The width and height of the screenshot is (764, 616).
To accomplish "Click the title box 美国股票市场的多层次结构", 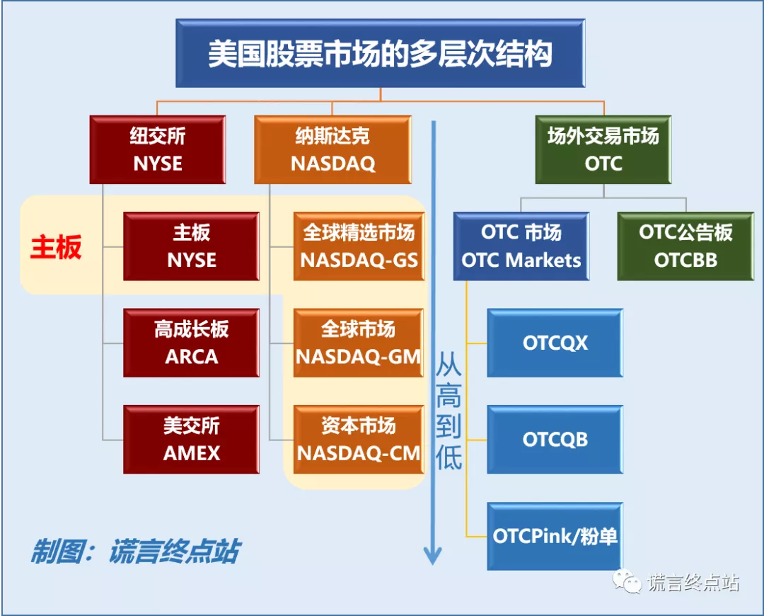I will click(380, 54).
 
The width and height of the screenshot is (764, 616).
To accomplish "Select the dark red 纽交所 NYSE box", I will click(158, 149).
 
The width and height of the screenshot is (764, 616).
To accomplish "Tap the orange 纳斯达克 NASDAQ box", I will click(332, 149).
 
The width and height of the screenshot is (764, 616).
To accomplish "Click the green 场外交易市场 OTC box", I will click(603, 149).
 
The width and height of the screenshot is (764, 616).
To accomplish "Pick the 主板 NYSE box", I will click(191, 246).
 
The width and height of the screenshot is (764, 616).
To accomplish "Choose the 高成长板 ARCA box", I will click(191, 343).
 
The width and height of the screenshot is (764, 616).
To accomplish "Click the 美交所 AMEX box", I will click(191, 439).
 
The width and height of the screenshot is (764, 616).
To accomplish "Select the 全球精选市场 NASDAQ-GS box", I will click(359, 246).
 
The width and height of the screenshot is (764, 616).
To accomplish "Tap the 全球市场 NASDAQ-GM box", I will click(359, 343).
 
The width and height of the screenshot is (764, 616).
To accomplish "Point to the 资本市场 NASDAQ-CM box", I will click(359, 439).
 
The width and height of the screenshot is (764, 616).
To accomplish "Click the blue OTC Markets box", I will click(521, 246).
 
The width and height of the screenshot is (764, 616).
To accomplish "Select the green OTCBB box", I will click(685, 246).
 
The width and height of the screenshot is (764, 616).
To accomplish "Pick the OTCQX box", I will click(555, 343).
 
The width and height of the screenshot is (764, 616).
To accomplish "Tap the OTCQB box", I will click(555, 439).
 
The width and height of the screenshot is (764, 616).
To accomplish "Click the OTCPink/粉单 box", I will click(555, 536).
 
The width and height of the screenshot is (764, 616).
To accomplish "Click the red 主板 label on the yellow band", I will click(56, 247).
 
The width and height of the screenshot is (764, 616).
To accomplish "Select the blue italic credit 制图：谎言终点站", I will click(134, 552).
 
